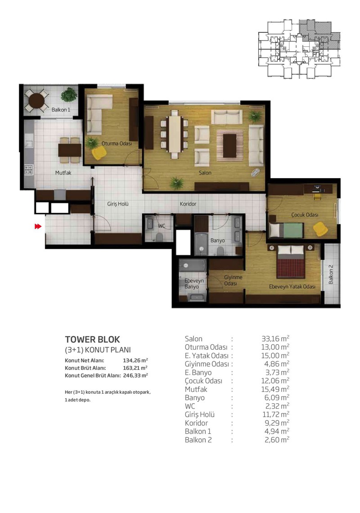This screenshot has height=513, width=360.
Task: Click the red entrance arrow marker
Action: point(38,226)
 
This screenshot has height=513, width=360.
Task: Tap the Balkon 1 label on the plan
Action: point(61,110)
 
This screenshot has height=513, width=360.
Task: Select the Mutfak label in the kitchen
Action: point(63,172)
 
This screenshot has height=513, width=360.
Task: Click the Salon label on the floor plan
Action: point(205,173)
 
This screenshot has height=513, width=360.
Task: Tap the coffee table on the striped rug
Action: point(230,145)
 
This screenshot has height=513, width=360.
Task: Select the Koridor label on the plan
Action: point(188,204)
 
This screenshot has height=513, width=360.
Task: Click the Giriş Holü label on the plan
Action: point(118,204)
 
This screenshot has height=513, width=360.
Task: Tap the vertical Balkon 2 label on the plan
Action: point(331,274)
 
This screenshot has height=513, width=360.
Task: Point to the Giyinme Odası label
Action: point(233,280)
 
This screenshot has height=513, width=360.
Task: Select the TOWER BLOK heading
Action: point(93,339)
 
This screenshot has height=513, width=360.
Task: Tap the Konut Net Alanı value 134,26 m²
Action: point(135,360)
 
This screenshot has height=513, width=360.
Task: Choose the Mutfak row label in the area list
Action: point(196,389)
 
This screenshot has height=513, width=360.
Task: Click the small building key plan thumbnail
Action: point(299,49)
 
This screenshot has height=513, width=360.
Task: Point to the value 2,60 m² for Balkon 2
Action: point(277,440)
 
